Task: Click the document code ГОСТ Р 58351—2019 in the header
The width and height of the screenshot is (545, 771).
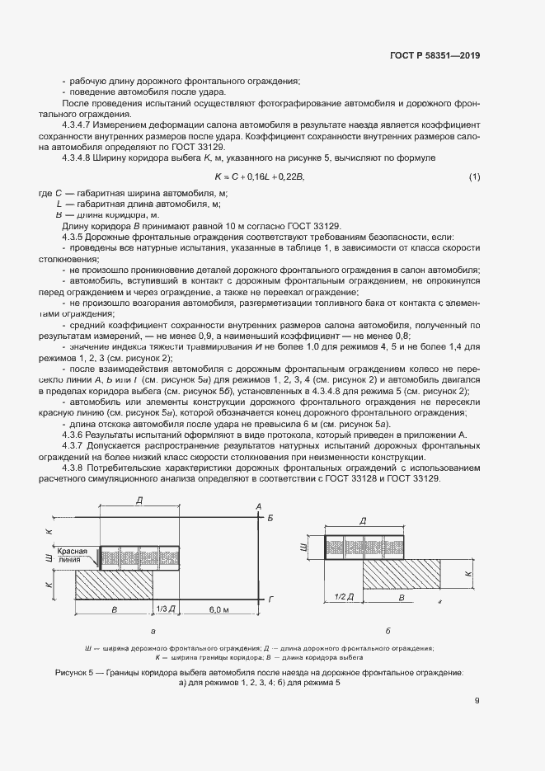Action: click(435, 56)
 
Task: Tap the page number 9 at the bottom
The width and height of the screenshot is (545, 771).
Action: click(477, 701)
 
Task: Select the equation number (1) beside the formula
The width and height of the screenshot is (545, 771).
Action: click(474, 176)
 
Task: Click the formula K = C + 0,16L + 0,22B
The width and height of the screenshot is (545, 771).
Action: click(260, 176)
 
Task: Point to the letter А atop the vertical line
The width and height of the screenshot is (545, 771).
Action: click(258, 505)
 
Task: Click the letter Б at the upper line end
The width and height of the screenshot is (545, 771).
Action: click(270, 517)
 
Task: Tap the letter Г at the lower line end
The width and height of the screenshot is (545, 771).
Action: click(270, 598)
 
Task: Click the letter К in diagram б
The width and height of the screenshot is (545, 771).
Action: click(468, 572)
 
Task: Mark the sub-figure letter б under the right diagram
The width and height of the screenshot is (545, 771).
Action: click(388, 631)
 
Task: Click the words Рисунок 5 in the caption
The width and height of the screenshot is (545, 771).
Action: click(77, 673)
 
